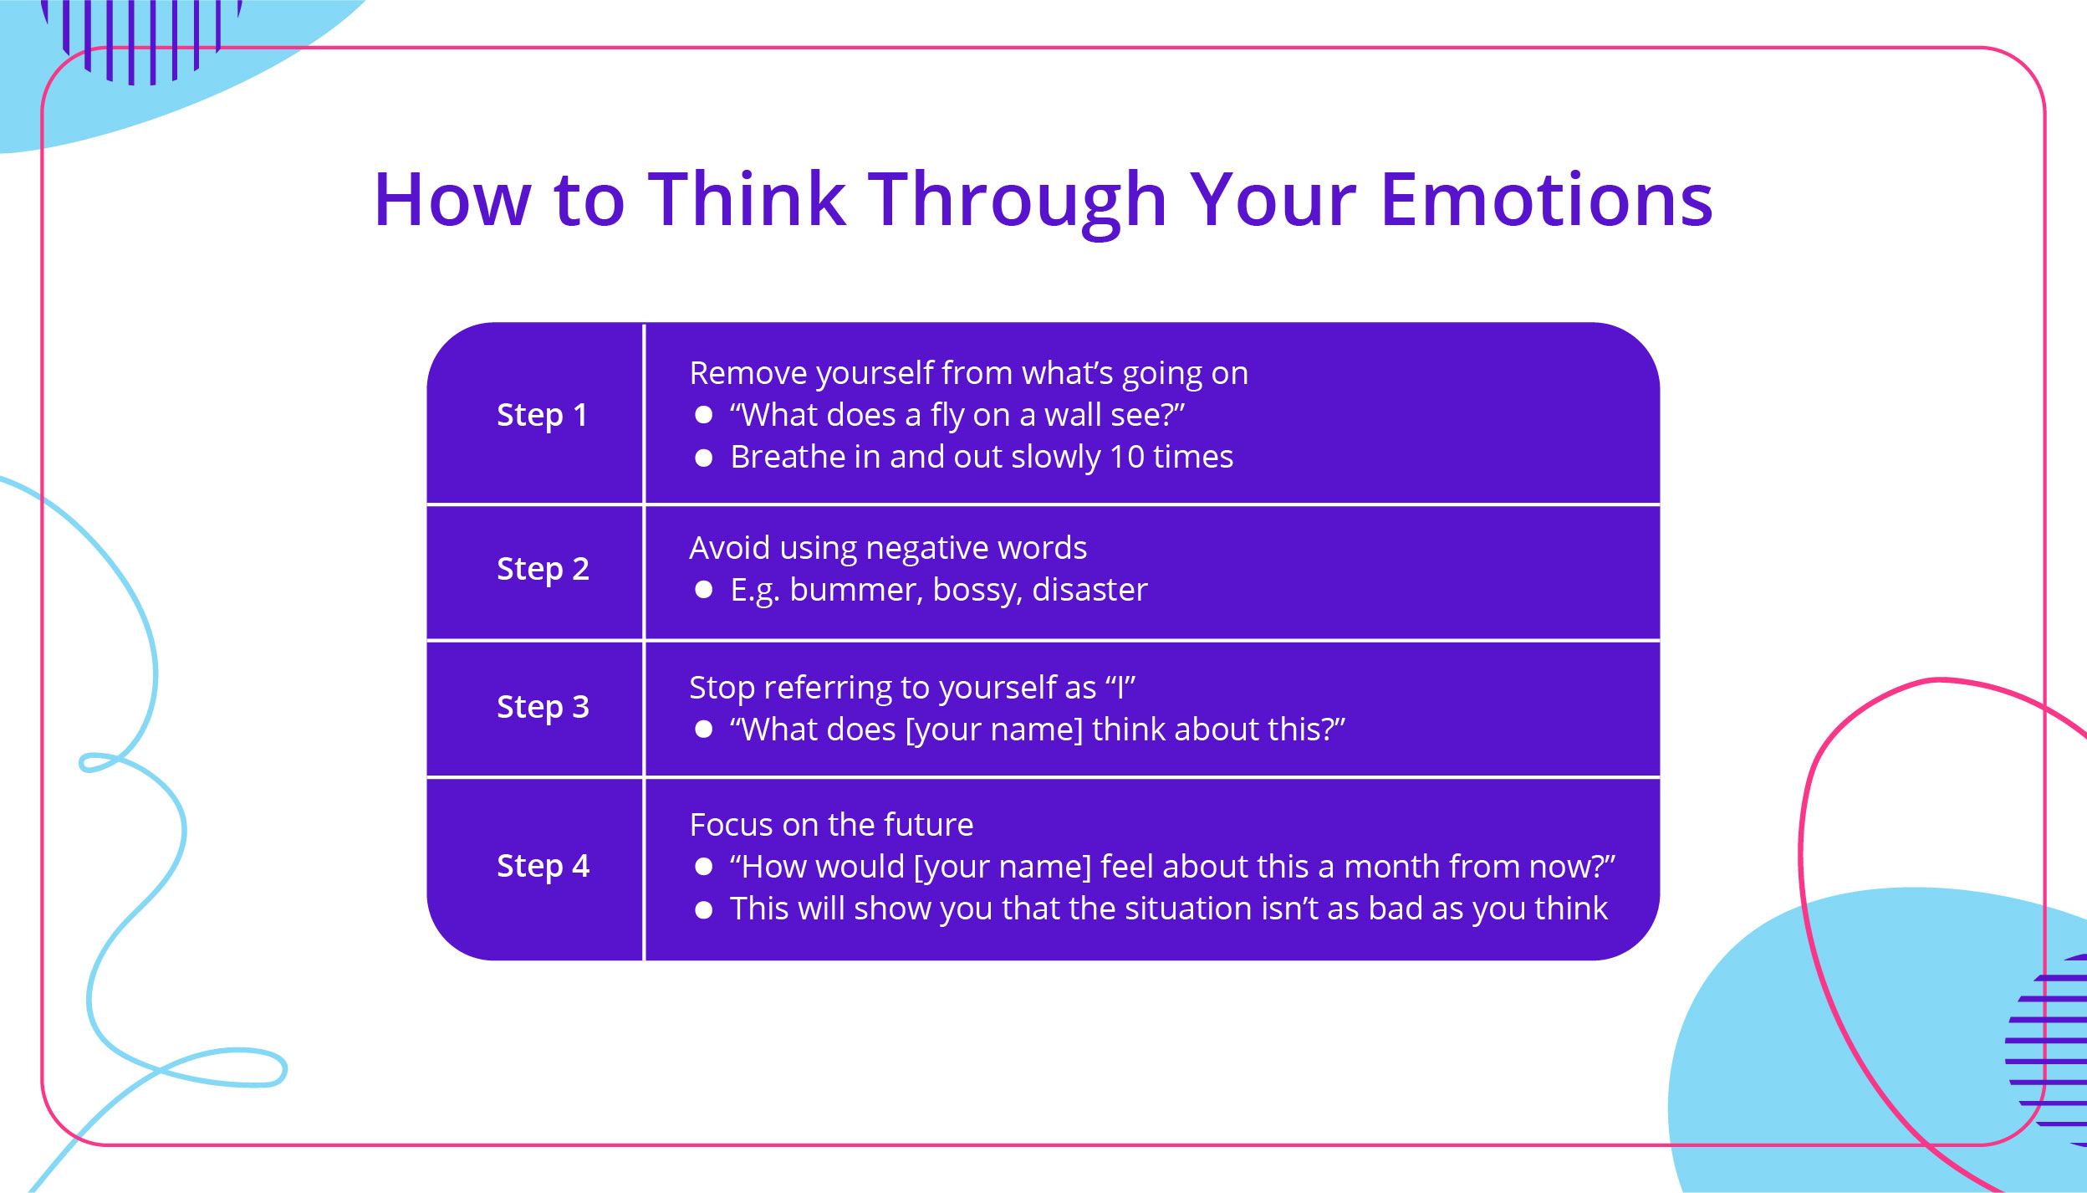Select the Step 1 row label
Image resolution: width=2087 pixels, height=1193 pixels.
coord(542,415)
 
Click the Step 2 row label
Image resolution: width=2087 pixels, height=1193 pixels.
coord(543,569)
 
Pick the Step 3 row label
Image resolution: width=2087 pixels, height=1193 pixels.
coord(543,707)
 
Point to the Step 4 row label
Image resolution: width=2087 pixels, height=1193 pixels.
coord(543,866)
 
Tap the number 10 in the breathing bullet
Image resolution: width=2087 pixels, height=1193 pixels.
coord(1126,458)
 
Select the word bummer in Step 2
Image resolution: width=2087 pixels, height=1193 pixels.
coord(856,591)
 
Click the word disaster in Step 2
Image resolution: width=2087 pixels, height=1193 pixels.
coord(1089,591)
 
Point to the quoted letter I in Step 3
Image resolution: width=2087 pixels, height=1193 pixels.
coord(1120,688)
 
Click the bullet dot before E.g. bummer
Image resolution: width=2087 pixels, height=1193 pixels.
coord(703,591)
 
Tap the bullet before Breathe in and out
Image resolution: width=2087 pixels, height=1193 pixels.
coord(703,458)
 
